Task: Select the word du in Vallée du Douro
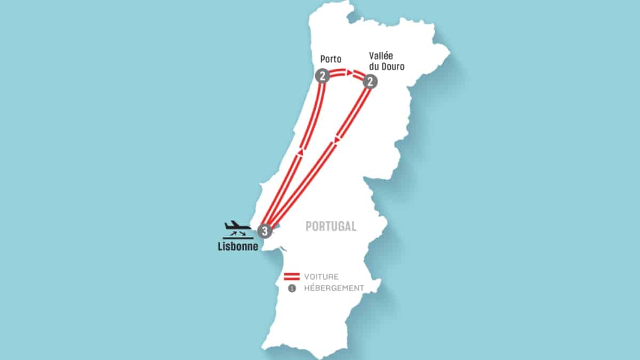(374, 67)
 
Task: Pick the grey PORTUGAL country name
(331, 226)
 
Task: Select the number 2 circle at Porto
(322, 76)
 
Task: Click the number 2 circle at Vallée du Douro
(370, 82)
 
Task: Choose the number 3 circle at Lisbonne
(265, 231)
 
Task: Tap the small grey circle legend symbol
(292, 288)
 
